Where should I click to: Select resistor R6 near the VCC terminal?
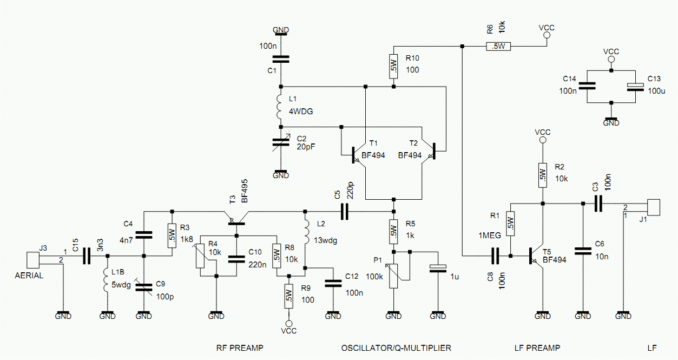coord(498,46)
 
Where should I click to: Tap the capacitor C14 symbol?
coord(588,86)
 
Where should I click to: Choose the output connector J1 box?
coord(654,207)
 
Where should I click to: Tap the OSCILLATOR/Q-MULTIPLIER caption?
coord(396,348)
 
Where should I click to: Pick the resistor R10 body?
coord(393,66)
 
